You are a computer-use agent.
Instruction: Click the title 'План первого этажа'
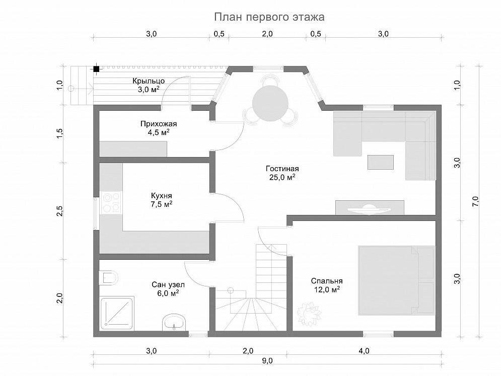point(269,17)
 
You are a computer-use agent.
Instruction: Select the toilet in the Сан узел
point(108,277)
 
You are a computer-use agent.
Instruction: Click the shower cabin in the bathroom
point(117,314)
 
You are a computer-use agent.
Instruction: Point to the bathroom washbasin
point(174,322)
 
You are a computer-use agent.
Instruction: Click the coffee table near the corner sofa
point(381,162)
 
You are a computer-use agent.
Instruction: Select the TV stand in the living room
point(370,208)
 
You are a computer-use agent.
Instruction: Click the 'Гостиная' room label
point(282,169)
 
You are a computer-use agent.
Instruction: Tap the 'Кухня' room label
point(161,195)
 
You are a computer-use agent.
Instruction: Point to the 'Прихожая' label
point(159,124)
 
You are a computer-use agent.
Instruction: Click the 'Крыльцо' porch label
point(149,81)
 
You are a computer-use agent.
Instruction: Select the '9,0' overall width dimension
point(267,361)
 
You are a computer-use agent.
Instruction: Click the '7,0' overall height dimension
point(475,201)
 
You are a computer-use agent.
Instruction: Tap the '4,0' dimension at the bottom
point(364,351)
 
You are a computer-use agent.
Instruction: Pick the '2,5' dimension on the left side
point(60,211)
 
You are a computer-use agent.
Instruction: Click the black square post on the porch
point(96,68)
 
